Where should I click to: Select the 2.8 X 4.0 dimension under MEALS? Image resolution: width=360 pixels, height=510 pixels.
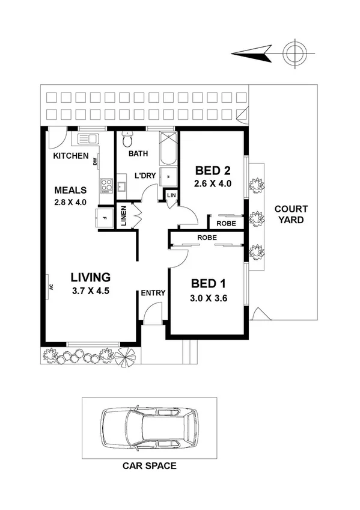coord(70,202)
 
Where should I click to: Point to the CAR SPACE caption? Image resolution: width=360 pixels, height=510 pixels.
coord(150,465)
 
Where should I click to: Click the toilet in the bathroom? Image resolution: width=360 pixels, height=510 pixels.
coord(127,141)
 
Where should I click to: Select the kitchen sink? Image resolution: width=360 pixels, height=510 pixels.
coord(86,140)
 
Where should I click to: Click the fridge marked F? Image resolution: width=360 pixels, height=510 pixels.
coord(105,218)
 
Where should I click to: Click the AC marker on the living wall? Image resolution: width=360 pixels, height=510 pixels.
coord(50,286)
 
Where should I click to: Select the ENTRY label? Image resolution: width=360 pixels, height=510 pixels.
coord(153,293)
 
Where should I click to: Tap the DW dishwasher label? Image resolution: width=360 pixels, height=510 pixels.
coord(95,161)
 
